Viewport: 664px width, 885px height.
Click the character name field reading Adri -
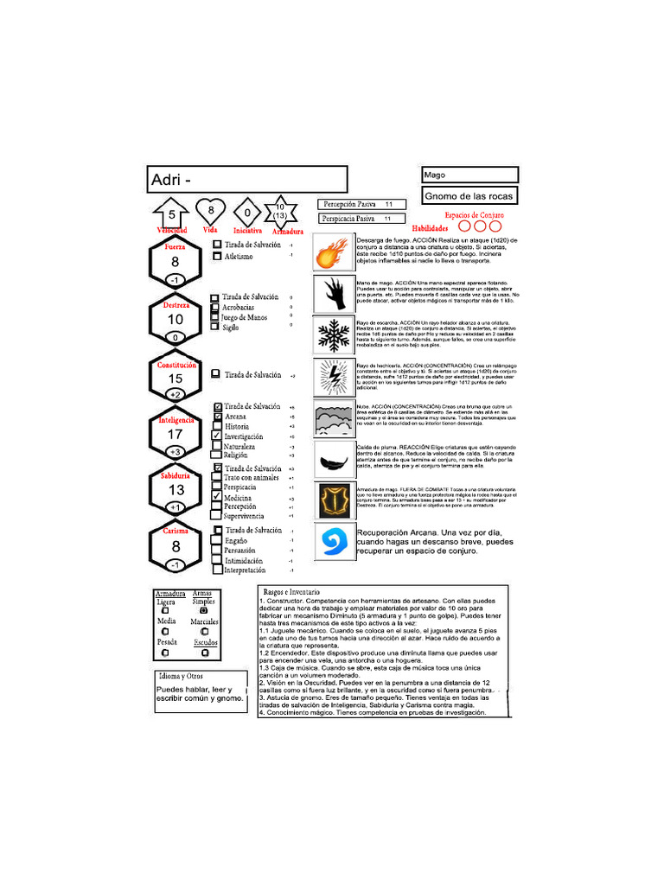(247, 180)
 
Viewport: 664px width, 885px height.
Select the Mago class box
(469, 175)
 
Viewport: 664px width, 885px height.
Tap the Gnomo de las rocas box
(469, 196)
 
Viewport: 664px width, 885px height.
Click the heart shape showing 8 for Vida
(210, 211)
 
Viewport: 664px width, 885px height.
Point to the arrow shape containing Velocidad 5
(171, 214)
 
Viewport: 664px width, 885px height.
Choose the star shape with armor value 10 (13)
(280, 211)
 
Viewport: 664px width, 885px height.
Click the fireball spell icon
(330, 255)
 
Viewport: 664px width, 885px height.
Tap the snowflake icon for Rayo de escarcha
(330, 336)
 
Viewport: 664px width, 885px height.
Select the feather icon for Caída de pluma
(330, 460)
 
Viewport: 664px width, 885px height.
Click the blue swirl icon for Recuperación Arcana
(330, 542)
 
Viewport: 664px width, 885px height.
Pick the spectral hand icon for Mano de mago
(330, 295)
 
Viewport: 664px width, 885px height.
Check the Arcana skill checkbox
(217, 417)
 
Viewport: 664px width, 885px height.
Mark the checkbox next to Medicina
(217, 498)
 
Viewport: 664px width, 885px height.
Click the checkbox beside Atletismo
(217, 256)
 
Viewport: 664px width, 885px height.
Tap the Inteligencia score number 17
(176, 435)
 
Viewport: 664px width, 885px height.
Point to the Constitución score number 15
(176, 379)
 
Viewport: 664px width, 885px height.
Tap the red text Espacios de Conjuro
(474, 215)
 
